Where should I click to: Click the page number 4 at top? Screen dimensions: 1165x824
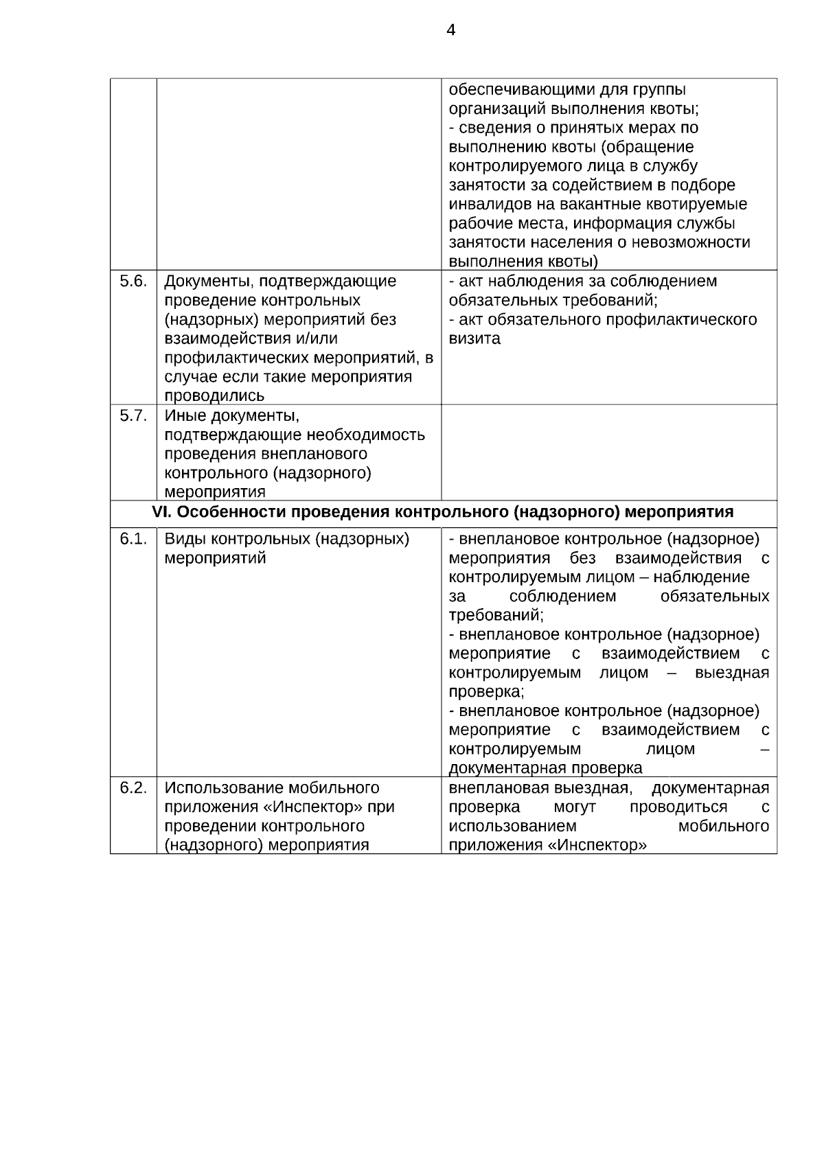click(x=450, y=30)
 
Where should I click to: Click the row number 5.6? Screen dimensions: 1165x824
click(x=133, y=281)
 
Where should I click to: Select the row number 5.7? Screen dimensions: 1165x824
click(x=133, y=415)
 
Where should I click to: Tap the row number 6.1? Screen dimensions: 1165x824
click(x=133, y=539)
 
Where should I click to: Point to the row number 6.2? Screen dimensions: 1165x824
click(x=133, y=787)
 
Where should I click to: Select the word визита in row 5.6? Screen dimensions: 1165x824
click(x=474, y=338)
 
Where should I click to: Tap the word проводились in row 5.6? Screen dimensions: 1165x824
click(x=214, y=395)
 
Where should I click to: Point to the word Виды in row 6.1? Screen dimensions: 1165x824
click(x=185, y=539)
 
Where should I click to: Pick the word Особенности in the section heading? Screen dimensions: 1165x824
click(x=227, y=512)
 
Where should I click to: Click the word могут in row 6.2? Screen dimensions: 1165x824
click(x=575, y=807)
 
